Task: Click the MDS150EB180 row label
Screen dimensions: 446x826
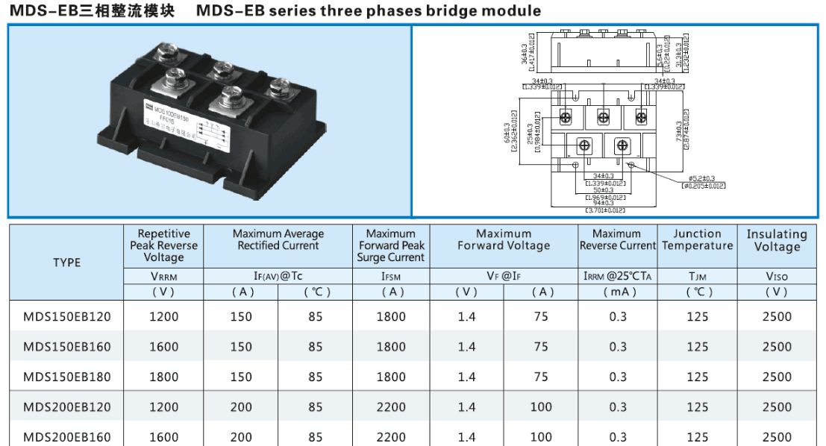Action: point(66,377)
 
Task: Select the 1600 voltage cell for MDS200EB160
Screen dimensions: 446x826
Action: point(163,437)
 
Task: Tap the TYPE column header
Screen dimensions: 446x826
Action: point(66,263)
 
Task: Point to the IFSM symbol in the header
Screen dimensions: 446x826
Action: point(391,276)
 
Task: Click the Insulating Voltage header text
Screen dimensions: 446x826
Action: point(777,240)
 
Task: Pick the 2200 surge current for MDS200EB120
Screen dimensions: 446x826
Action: point(391,407)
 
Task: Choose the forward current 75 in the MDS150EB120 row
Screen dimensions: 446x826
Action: point(541,316)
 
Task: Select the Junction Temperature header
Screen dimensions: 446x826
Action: point(697,239)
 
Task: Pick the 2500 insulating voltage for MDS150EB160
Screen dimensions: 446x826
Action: point(777,347)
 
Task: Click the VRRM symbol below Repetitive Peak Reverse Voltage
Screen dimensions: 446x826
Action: point(163,276)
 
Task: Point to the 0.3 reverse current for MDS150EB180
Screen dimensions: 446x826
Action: point(617,377)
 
